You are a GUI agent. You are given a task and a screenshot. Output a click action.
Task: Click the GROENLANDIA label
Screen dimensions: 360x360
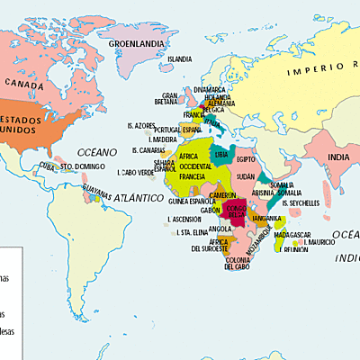137,42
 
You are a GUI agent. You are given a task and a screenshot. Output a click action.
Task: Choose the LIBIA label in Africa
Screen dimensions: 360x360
220,156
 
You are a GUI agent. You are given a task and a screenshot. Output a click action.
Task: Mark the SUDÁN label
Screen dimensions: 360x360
246,178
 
